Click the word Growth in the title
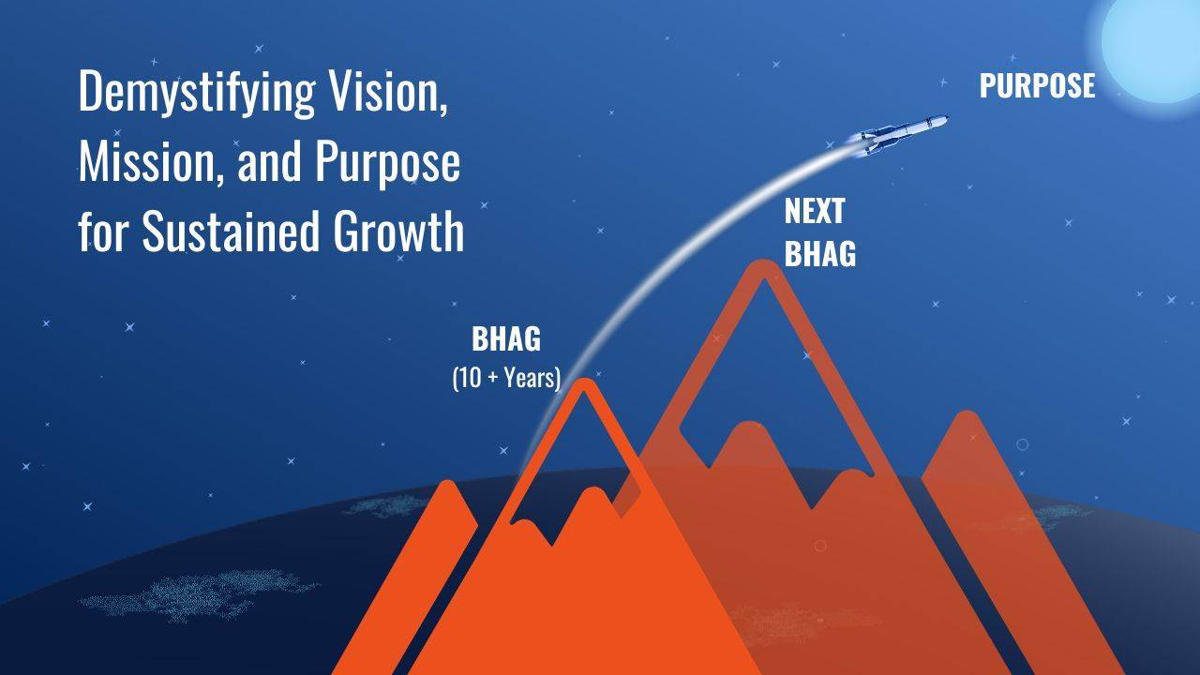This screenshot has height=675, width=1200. (x=399, y=232)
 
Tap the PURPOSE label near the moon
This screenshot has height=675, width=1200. (x=1037, y=86)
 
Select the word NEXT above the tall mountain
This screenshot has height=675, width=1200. (x=815, y=212)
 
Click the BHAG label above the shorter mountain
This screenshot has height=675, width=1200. (x=506, y=339)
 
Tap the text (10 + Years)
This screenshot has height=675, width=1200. (x=506, y=378)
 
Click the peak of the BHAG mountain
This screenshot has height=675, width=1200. (x=585, y=384)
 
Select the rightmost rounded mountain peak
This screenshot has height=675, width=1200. (x=966, y=418)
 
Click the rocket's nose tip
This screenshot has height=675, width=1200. (x=947, y=118)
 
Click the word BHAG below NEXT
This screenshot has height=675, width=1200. (x=819, y=253)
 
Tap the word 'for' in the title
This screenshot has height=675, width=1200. (x=103, y=232)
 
